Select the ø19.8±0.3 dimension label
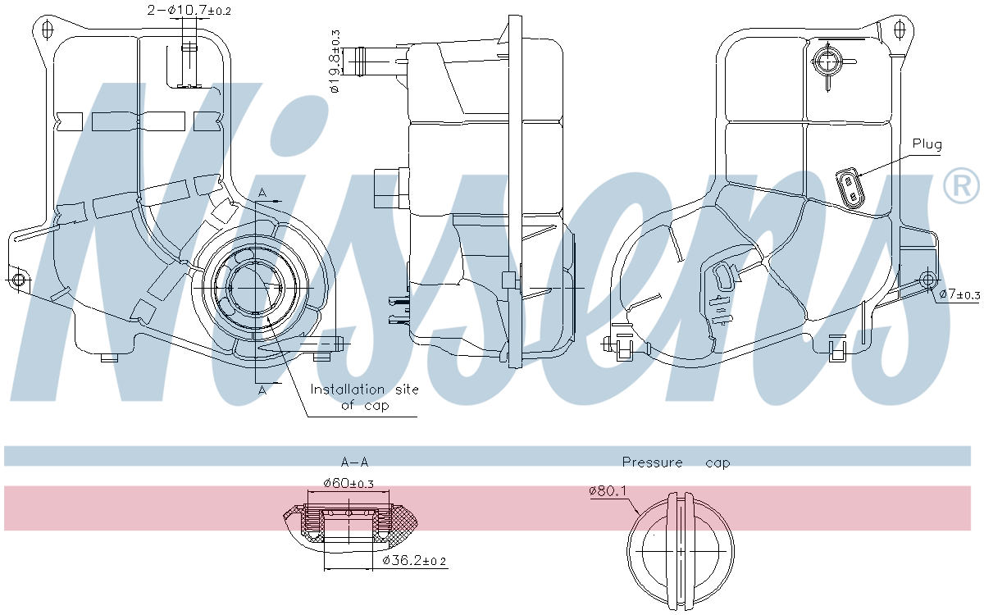(x=335, y=61)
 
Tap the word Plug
(x=927, y=144)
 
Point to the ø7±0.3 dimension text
(x=959, y=294)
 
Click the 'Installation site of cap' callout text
(x=364, y=397)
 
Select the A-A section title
(x=353, y=462)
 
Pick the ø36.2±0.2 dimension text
(x=415, y=561)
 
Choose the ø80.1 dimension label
(x=608, y=490)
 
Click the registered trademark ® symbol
(x=961, y=186)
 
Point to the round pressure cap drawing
(x=680, y=551)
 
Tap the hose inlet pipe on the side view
(x=374, y=60)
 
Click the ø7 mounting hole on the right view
(x=927, y=280)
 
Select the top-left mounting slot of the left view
(x=47, y=30)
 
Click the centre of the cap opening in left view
(x=256, y=288)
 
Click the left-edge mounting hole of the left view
(x=20, y=281)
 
